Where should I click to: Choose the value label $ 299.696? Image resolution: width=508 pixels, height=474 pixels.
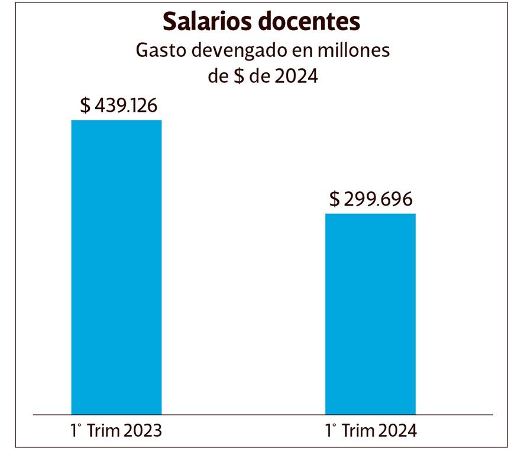pyautogui.click(x=370, y=199)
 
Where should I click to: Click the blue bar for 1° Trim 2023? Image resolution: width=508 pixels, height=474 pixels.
pyautogui.click(x=117, y=267)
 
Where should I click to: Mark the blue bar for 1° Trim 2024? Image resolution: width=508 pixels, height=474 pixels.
pyautogui.click(x=370, y=314)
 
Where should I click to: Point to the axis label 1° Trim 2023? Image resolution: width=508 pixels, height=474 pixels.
pyautogui.click(x=116, y=431)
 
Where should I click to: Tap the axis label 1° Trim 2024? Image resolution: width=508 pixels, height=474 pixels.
pyautogui.click(x=371, y=431)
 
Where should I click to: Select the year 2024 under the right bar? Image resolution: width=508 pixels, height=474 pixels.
pyautogui.click(x=397, y=431)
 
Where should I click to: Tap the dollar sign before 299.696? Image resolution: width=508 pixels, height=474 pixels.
pyautogui.click(x=335, y=199)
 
